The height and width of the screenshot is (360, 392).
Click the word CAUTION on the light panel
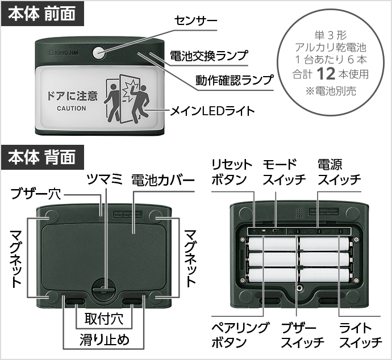click(x=72, y=108)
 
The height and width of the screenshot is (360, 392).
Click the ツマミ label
click(x=105, y=180)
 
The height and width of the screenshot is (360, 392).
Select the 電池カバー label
click(x=162, y=180)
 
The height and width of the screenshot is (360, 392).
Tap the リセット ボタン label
click(x=231, y=172)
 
